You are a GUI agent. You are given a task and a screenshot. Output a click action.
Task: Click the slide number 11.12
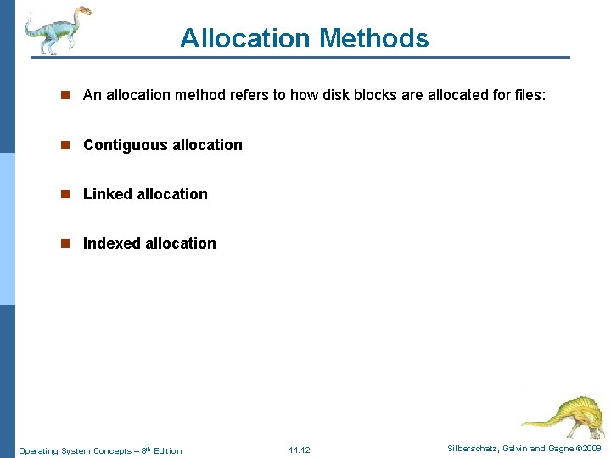pos(300,450)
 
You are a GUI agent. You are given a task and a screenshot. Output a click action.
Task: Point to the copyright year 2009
pos(592,448)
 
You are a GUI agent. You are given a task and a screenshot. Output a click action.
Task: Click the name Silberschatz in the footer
pos(474,448)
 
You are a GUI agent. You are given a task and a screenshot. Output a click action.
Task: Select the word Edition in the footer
pos(167,450)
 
